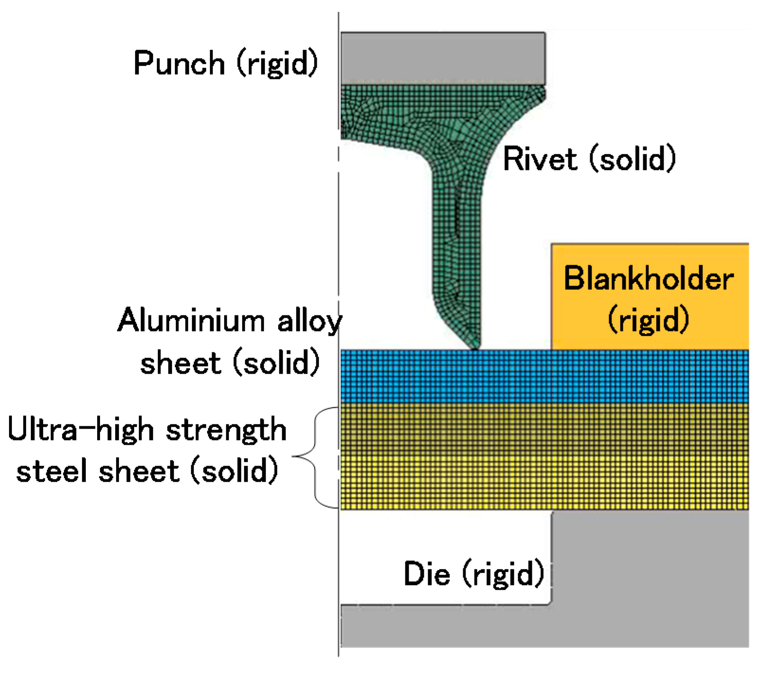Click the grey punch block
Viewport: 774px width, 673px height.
pyautogui.click(x=442, y=58)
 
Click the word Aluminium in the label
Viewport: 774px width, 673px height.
pyautogui.click(x=191, y=321)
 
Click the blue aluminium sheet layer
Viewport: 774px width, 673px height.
pyautogui.click(x=545, y=377)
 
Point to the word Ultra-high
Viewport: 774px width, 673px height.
pyautogui.click(x=81, y=430)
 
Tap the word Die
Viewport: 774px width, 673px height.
pyautogui.click(x=426, y=574)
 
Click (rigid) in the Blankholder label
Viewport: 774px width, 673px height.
pyautogui.click(x=648, y=320)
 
